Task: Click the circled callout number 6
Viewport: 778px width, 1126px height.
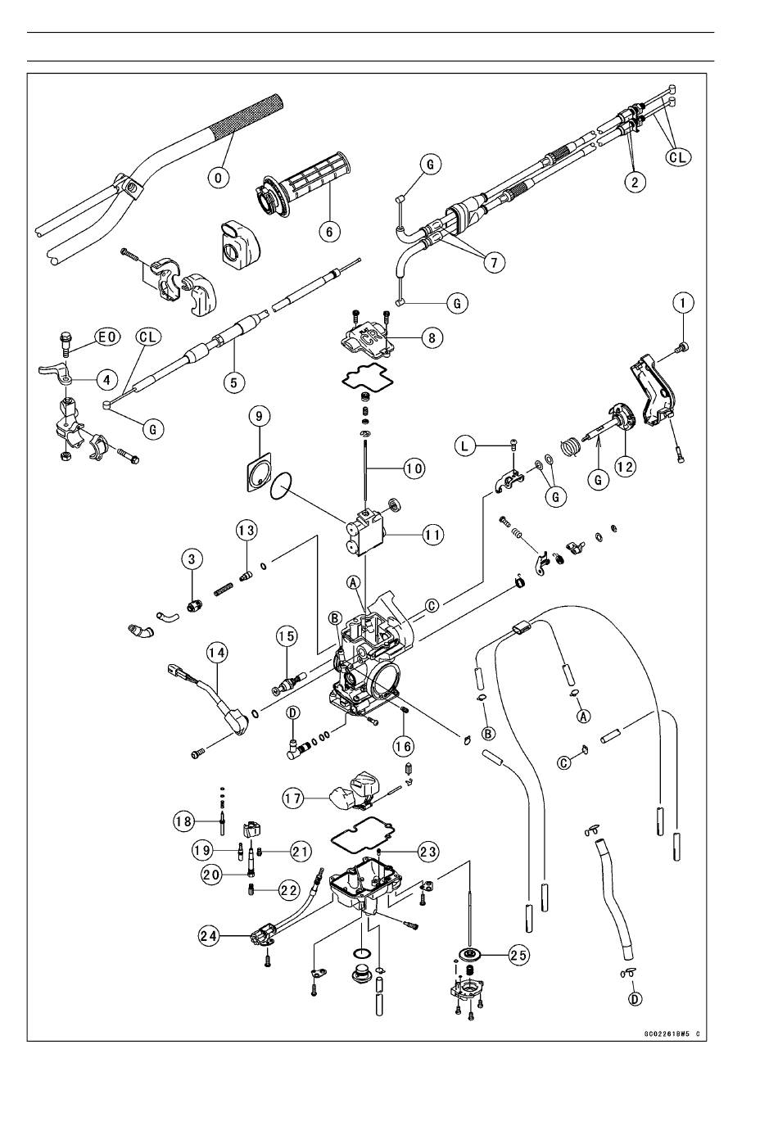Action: [330, 231]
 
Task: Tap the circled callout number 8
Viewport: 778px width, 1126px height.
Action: [432, 337]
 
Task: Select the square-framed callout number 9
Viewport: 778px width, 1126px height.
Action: [260, 416]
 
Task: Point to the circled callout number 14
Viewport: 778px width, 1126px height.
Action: [216, 653]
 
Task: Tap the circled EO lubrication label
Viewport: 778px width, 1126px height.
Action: [106, 337]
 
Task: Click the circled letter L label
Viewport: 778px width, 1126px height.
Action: [465, 445]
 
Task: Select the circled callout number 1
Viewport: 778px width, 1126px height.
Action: [684, 303]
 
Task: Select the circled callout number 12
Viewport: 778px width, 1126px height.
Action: [625, 467]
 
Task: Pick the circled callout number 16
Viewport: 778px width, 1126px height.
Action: [403, 746]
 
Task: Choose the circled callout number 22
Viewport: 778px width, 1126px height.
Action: [289, 889]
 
